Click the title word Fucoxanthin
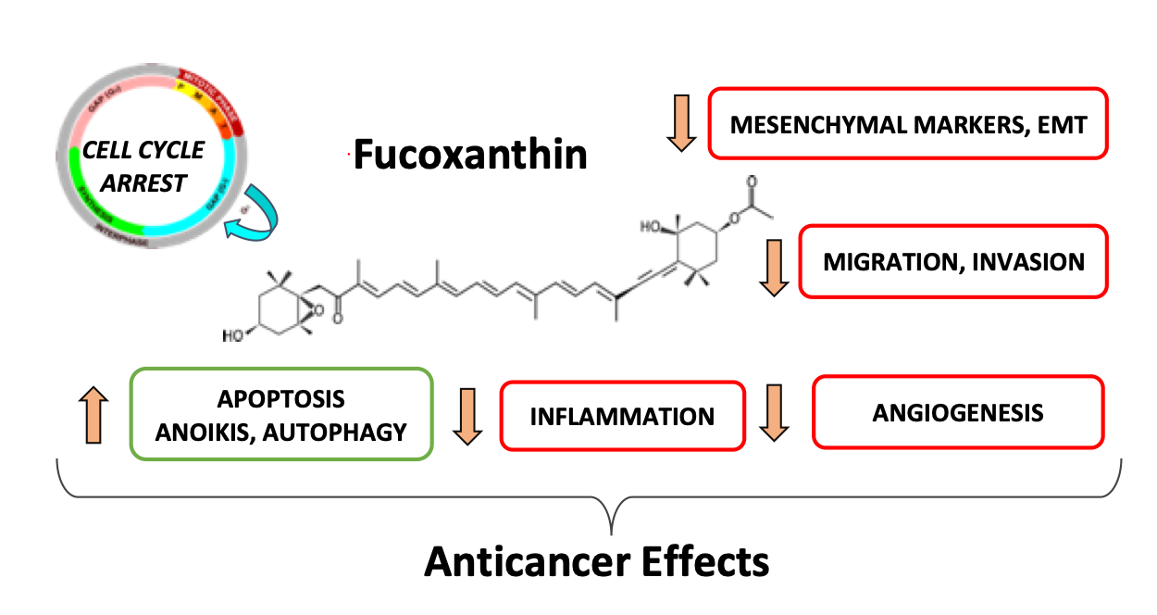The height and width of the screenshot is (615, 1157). (x=470, y=155)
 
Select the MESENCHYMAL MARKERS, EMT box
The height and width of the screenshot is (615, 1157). (x=907, y=124)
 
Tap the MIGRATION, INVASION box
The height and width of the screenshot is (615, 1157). (x=952, y=262)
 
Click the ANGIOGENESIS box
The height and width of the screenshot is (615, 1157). (x=957, y=412)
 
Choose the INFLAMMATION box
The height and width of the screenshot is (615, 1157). (x=622, y=416)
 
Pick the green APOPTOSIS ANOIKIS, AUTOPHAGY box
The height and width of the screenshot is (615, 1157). (x=281, y=414)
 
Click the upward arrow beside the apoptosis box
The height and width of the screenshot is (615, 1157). (x=94, y=414)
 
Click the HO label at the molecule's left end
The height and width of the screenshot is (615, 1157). (x=234, y=334)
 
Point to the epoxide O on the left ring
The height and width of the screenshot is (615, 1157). (x=318, y=312)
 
